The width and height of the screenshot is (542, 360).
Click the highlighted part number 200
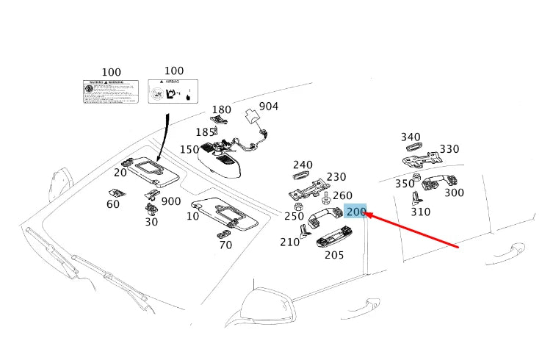click(356, 212)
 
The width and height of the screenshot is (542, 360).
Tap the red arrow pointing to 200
click(412, 230)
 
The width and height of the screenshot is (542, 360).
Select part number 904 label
click(269, 107)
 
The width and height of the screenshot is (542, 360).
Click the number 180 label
click(221, 109)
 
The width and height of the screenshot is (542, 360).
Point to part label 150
click(189, 150)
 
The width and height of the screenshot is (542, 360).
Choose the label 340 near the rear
click(411, 137)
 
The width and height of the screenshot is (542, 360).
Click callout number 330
click(449, 149)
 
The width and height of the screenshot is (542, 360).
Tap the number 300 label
click(454, 192)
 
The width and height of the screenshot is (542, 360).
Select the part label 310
click(420, 212)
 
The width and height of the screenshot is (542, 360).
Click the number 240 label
click(303, 165)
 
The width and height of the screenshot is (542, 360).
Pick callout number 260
click(342, 195)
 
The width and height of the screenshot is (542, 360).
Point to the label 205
click(334, 255)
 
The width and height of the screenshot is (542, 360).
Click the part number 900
click(171, 201)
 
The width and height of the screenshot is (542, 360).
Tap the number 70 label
click(225, 245)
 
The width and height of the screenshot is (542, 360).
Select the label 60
click(112, 204)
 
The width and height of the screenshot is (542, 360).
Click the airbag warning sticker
click(174, 93)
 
